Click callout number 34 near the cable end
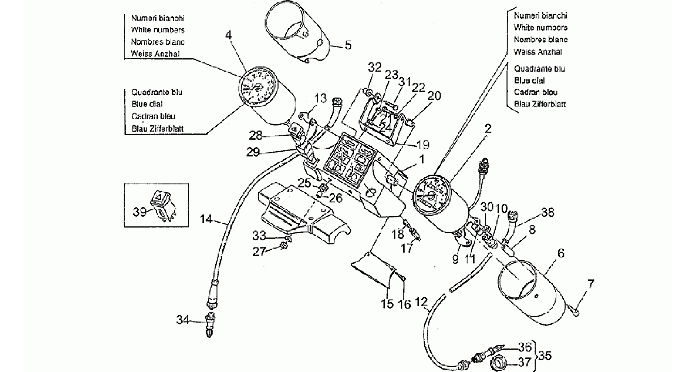point(183,319)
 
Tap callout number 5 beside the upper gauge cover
point(348,45)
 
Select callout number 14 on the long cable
point(206,219)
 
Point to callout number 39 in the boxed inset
point(140,212)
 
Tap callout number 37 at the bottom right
point(524,362)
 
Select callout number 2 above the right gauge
point(488,129)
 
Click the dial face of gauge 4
point(258,87)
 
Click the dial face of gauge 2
point(433,196)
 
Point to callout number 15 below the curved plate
point(387,303)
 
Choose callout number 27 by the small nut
point(259,252)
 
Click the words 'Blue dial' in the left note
point(147,104)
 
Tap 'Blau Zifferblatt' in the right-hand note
point(540,104)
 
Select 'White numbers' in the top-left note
point(158,30)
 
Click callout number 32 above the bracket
point(375,68)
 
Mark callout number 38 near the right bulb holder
point(548,212)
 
